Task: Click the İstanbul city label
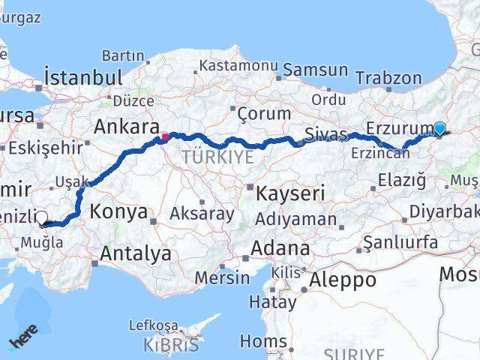pos(83,77)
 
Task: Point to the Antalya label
pos(136,254)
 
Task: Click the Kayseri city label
pos(290,193)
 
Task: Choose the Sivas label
pos(326,135)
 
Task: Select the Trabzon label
pos(388,77)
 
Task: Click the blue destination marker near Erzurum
pos(439,129)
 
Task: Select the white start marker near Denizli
pos(41,218)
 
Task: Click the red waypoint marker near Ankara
pos(165,137)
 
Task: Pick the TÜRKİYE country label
pos(218,157)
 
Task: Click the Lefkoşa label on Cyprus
pos(154,325)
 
